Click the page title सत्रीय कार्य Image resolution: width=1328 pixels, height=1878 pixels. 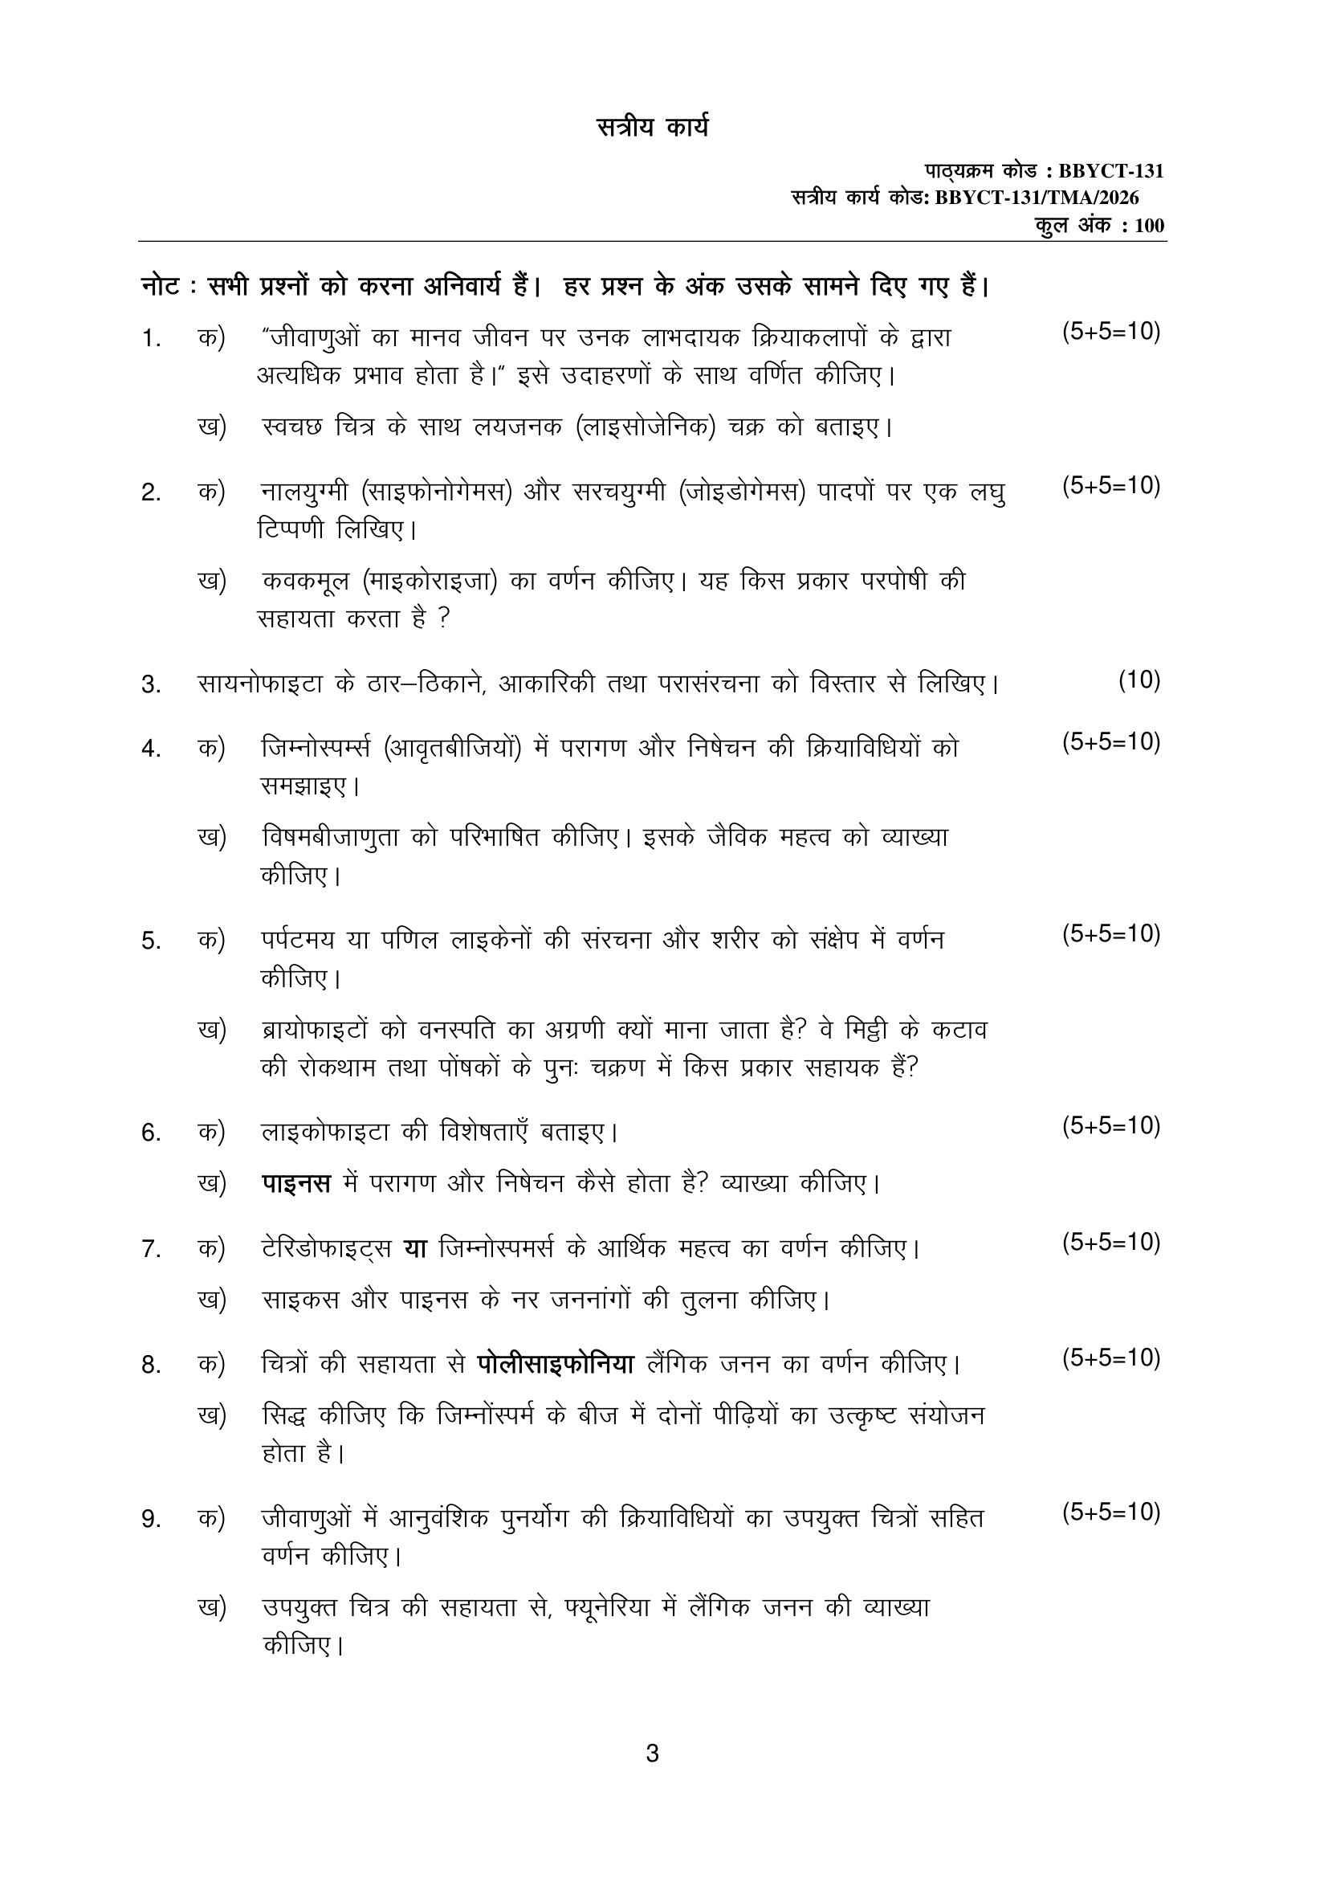[x=652, y=129]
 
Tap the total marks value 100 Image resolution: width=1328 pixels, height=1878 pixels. [x=1149, y=226]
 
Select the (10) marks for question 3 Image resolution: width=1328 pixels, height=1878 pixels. [x=1139, y=680]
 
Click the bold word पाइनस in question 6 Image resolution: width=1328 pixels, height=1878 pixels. [x=296, y=1183]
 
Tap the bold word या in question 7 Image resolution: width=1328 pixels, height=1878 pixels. [x=415, y=1248]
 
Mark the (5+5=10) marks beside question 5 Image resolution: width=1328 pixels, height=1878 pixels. [x=1110, y=934]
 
